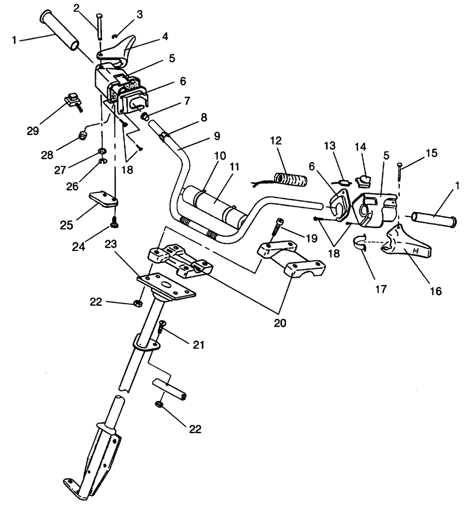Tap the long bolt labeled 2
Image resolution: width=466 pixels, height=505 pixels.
pyautogui.click(x=99, y=28)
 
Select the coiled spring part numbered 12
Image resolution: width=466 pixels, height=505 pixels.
pyautogui.click(x=290, y=179)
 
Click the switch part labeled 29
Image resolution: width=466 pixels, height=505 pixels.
pyautogui.click(x=73, y=100)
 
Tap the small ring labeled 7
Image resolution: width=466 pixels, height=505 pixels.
pyautogui.click(x=145, y=114)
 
